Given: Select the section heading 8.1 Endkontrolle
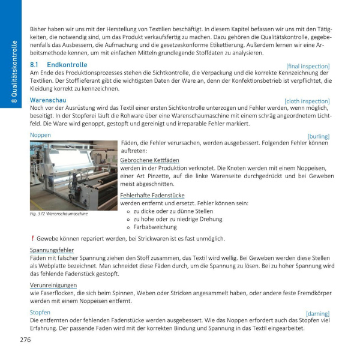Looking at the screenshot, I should point(58,65).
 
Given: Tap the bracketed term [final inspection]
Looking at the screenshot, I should point(308,66).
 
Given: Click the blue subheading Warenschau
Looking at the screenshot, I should point(48,100).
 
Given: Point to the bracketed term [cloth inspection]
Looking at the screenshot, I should point(307,101).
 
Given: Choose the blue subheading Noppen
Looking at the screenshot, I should point(41,135).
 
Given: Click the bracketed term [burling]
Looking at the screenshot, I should point(318,136).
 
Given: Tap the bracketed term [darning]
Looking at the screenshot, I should point(317,313).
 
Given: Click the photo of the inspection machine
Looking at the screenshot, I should point(73,175).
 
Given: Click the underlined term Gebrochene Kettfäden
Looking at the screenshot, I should point(150,161).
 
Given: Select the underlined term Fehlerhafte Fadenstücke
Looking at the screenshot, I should point(152,195).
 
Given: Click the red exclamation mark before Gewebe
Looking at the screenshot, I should point(32,238).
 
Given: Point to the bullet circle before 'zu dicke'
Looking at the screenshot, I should point(128,211).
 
